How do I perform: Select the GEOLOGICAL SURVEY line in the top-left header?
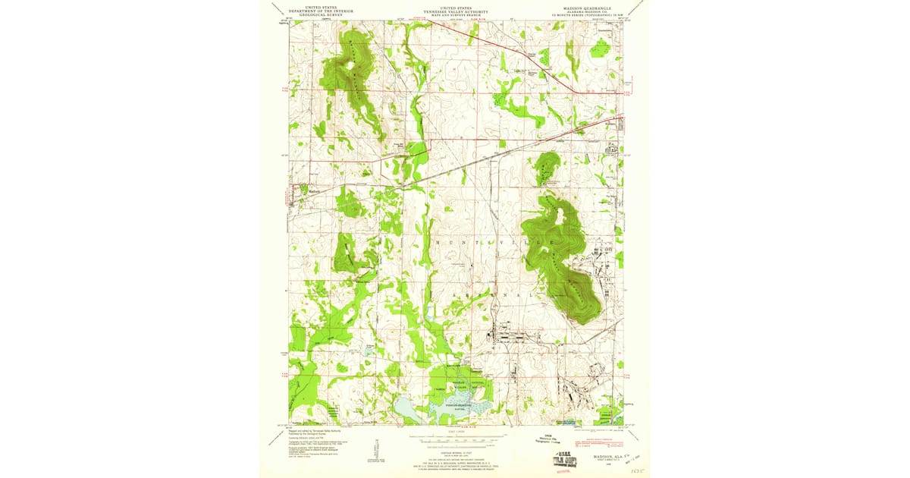click(318, 14)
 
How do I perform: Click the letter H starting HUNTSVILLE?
click(437, 242)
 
